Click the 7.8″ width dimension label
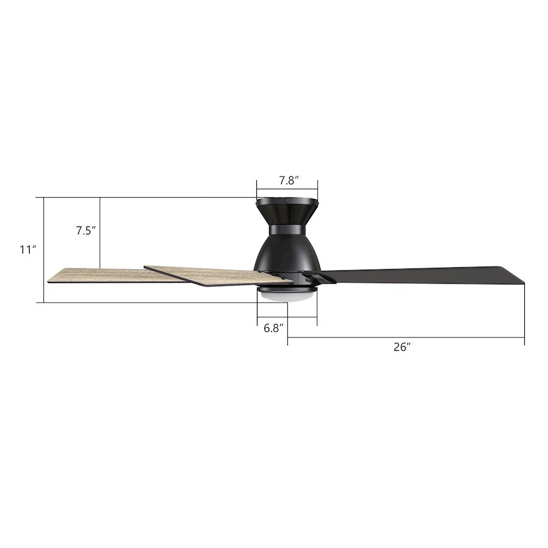pyautogui.click(x=287, y=180)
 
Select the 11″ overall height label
pyautogui.click(x=28, y=250)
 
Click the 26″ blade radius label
pyautogui.click(x=402, y=347)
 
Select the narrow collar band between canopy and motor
pyautogui.click(x=287, y=229)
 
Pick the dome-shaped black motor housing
pyautogui.click(x=287, y=253)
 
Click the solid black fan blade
pyautogui.click(x=420, y=273)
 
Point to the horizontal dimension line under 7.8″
pyautogui.click(x=287, y=189)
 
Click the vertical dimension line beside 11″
pyautogui.click(x=44, y=250)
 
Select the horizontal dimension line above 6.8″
pyautogui.click(x=287, y=318)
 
